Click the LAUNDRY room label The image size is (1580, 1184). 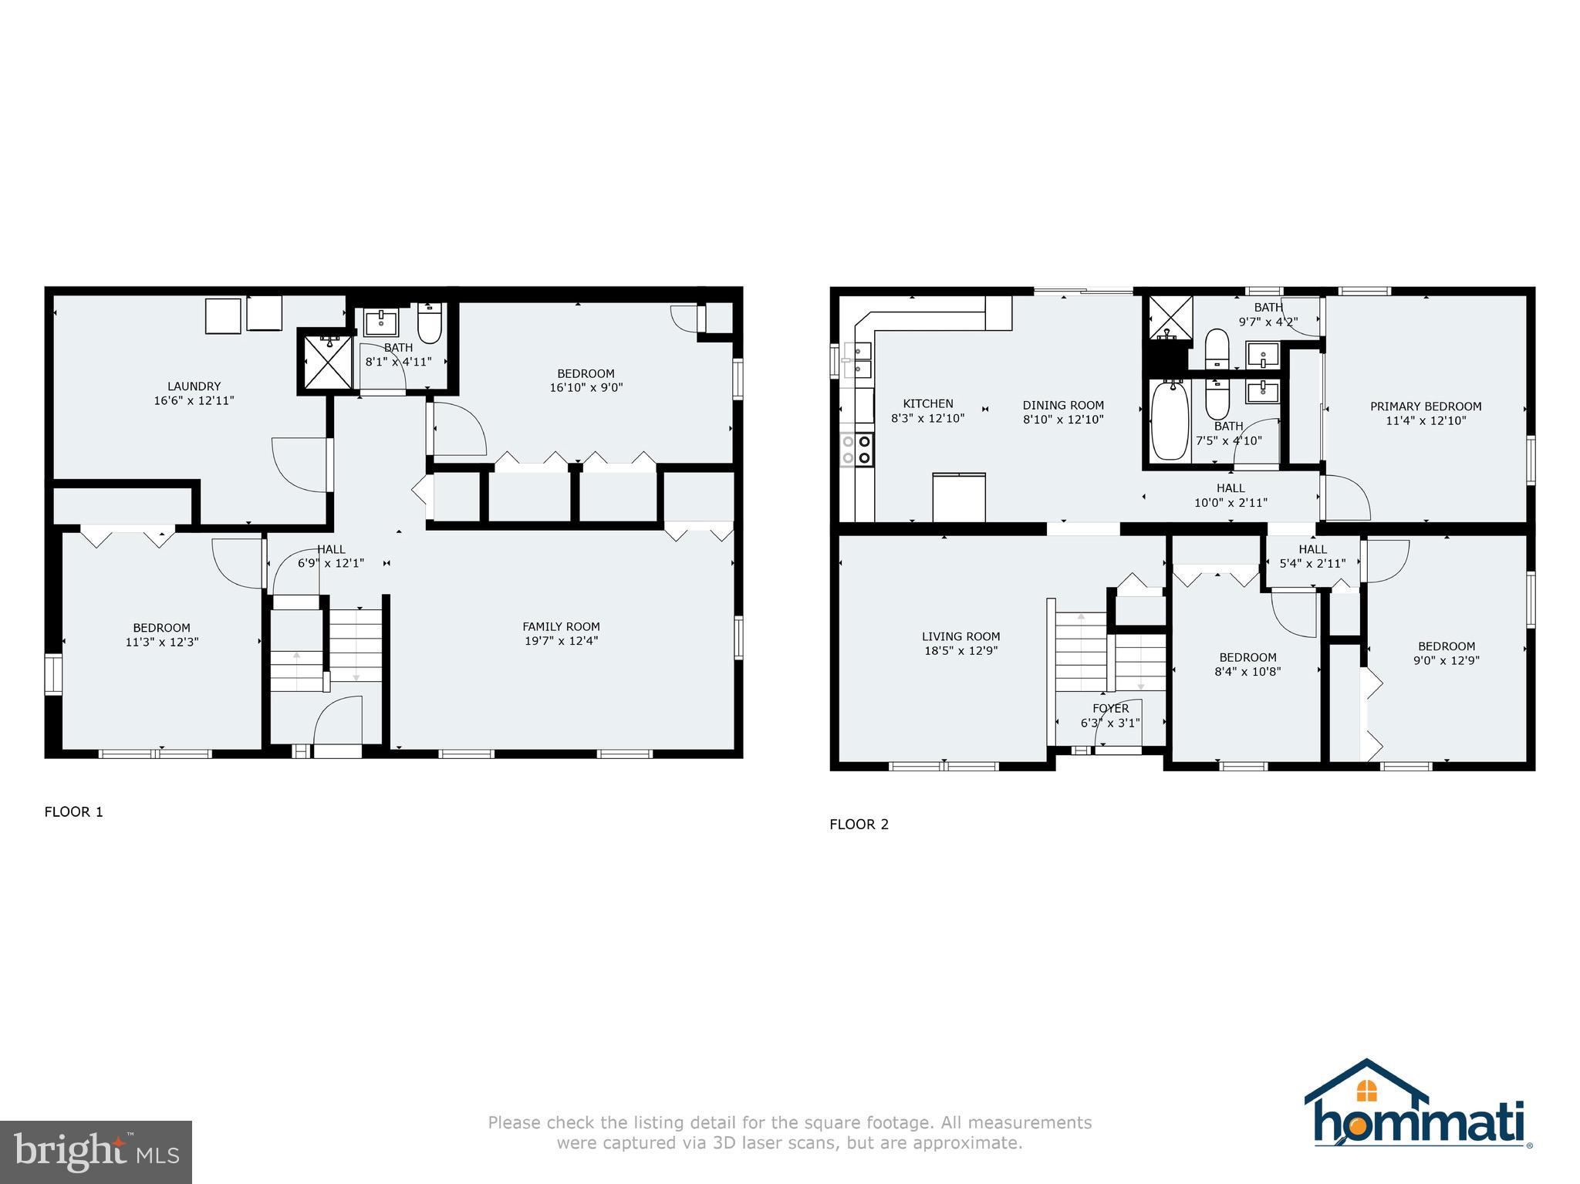[194, 386]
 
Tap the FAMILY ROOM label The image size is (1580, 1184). [561, 626]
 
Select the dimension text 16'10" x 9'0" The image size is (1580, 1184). [586, 388]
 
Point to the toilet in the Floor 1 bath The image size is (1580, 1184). [429, 325]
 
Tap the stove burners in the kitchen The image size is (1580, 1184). [856, 450]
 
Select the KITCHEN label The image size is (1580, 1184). [928, 403]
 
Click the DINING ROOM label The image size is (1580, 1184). [1063, 405]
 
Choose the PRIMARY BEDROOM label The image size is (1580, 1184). [1425, 406]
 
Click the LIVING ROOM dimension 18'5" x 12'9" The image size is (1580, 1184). [960, 651]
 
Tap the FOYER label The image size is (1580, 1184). [1110, 708]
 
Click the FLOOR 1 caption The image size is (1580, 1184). [73, 811]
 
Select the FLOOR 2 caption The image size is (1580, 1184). [859, 825]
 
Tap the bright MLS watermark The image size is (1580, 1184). [96, 1152]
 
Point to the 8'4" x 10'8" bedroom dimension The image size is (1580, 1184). [1247, 672]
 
